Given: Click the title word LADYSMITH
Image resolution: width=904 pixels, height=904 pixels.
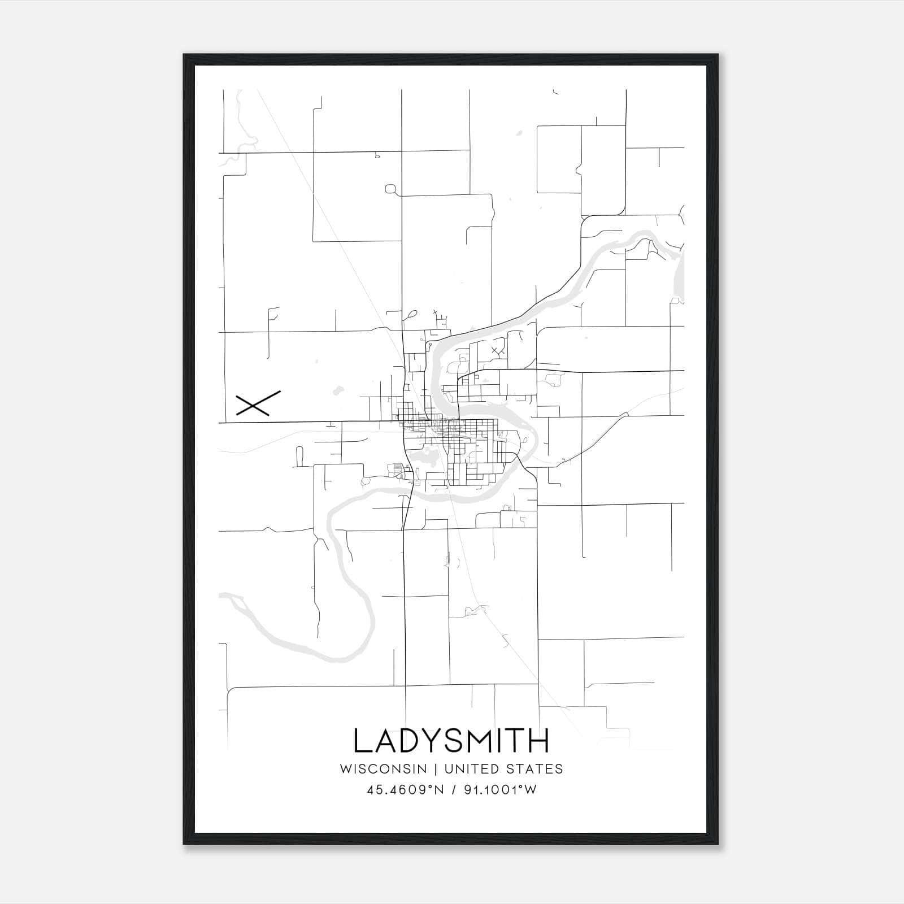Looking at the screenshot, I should tap(451, 741).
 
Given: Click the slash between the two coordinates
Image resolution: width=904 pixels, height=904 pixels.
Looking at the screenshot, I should tap(453, 790).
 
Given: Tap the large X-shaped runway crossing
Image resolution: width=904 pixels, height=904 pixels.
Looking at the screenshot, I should tap(258, 403).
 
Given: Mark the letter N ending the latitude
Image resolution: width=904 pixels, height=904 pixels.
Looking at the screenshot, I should tap(442, 790).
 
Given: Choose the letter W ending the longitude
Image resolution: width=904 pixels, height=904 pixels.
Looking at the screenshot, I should tap(531, 790).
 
